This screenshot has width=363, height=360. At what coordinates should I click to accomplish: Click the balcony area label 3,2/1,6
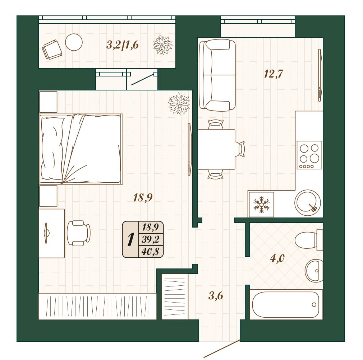pos(123,45)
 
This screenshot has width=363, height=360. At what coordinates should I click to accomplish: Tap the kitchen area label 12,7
pos(274,74)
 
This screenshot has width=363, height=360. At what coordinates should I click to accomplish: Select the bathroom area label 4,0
pos(277,258)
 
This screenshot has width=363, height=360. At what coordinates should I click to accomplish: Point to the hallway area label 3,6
pos(216,295)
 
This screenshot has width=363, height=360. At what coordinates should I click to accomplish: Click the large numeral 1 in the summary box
pos(131,239)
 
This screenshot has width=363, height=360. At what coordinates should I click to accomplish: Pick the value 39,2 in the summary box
pos(151,239)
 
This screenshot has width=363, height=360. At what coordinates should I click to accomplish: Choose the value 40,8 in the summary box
pos(151,251)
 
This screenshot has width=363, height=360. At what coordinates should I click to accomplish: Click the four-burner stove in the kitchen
pos(309,155)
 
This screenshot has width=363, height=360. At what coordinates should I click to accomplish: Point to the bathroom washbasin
pos(314,271)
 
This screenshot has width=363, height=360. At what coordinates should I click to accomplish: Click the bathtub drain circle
pos(314,304)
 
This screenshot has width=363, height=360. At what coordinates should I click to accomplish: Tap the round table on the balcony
pos(74,42)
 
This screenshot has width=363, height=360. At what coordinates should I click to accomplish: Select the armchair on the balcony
pos(52,50)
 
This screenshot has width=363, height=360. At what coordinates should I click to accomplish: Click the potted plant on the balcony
pos(163,45)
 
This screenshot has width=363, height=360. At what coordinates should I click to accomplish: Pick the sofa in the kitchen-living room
pos(217,75)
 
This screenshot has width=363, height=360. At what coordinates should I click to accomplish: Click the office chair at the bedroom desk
pos(78,233)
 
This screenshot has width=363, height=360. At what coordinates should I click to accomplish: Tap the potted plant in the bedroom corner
pos(179,104)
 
